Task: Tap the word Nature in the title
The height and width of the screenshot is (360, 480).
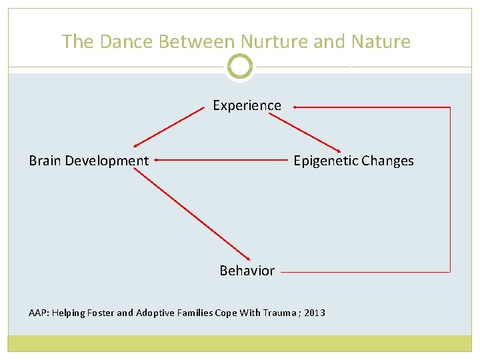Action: pos(379,41)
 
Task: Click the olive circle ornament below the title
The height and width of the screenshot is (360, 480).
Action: pos(240,67)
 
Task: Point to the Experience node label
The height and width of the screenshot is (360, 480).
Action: pos(247,105)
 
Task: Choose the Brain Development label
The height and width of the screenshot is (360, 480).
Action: pos(89,161)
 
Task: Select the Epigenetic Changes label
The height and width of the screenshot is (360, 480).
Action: pos(353,161)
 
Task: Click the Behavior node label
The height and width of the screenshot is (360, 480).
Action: pos(247,271)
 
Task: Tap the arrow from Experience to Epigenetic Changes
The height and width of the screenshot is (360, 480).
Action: pos(305,131)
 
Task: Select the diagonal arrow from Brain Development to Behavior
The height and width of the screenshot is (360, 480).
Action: pos(191,214)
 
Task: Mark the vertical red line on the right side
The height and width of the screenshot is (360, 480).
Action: pos(451,190)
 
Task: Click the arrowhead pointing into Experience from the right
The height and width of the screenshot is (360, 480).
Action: pos(295,107)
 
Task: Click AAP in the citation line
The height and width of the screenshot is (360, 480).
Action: pos(37,313)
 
